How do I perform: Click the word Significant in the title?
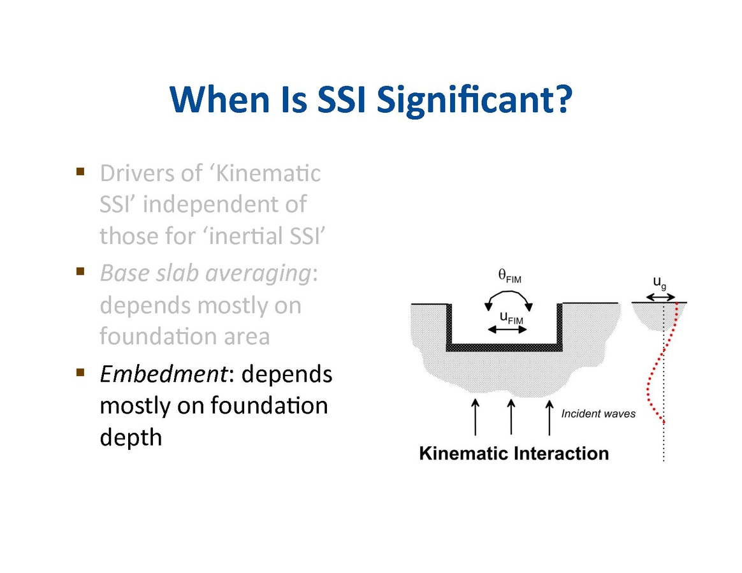coord(474,100)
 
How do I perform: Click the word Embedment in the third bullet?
coord(164,374)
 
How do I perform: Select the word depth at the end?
coord(131,437)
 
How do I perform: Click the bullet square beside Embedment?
coord(80,372)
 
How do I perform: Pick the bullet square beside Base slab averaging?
coord(80,271)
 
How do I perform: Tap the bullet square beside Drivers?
coord(80,171)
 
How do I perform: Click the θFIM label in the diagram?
coord(510,276)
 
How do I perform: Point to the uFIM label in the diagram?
coord(511,318)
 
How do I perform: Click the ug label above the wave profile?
coord(660,282)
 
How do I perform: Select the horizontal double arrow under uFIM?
coord(507,330)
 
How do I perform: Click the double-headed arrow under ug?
coord(660,297)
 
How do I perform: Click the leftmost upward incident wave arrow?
coord(476,416)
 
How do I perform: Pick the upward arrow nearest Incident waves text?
coord(549,417)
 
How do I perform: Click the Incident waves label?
coord(598,414)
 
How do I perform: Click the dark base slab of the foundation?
coord(504,347)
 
